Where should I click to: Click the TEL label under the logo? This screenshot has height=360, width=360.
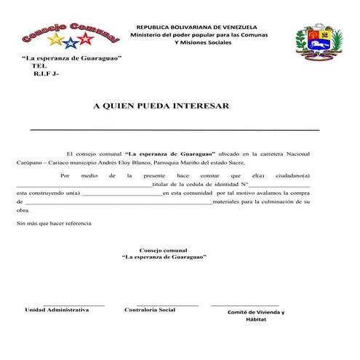click(39, 65)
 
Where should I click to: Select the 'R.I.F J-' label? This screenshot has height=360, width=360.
click(45, 73)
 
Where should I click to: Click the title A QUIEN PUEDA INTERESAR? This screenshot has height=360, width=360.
click(161, 106)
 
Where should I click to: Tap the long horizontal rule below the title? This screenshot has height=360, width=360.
click(175, 129)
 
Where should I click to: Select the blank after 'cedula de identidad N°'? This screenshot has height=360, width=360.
click(280, 186)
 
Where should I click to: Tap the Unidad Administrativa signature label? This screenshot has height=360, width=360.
click(57, 310)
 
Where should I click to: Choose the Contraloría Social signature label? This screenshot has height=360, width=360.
click(150, 310)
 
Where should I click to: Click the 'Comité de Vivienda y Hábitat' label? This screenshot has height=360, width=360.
click(256, 316)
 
